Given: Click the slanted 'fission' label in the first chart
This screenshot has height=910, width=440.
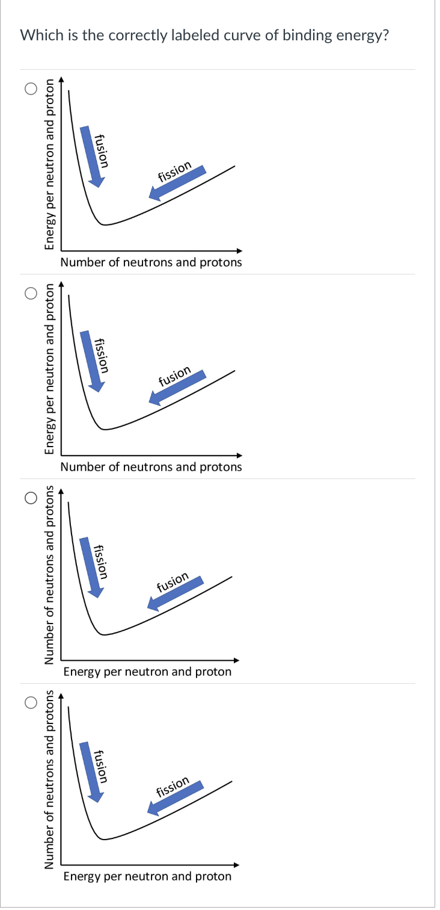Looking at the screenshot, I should point(174,172).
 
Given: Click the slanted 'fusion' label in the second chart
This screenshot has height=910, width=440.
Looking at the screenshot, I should point(174,376).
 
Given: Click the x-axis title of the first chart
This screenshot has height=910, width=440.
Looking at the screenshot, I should point(151,262).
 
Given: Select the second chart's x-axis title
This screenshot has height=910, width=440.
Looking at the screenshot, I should point(151,467).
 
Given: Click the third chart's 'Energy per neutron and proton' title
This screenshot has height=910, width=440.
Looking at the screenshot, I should point(147,672).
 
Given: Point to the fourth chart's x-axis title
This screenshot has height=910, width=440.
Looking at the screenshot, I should point(147,876).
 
